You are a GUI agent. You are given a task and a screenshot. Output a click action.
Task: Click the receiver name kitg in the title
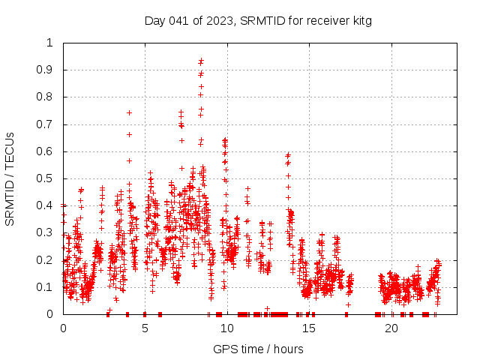tap(359, 20)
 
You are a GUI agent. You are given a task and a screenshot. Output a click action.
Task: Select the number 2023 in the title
tap(219, 20)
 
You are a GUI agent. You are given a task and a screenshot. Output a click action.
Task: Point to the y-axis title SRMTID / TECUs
tap(10, 178)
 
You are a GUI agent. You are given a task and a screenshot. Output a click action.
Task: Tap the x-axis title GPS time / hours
tap(258, 349)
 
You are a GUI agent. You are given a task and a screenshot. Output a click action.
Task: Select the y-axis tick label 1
tap(50, 43)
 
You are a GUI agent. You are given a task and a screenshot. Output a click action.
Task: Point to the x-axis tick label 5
tap(145, 328)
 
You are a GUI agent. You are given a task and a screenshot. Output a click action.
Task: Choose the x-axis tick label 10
tap(227, 328)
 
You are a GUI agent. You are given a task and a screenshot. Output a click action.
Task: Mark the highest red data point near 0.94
tap(201, 60)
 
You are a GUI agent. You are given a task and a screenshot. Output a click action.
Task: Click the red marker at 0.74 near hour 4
tap(129, 112)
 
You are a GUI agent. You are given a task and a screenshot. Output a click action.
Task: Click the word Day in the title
tap(154, 20)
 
